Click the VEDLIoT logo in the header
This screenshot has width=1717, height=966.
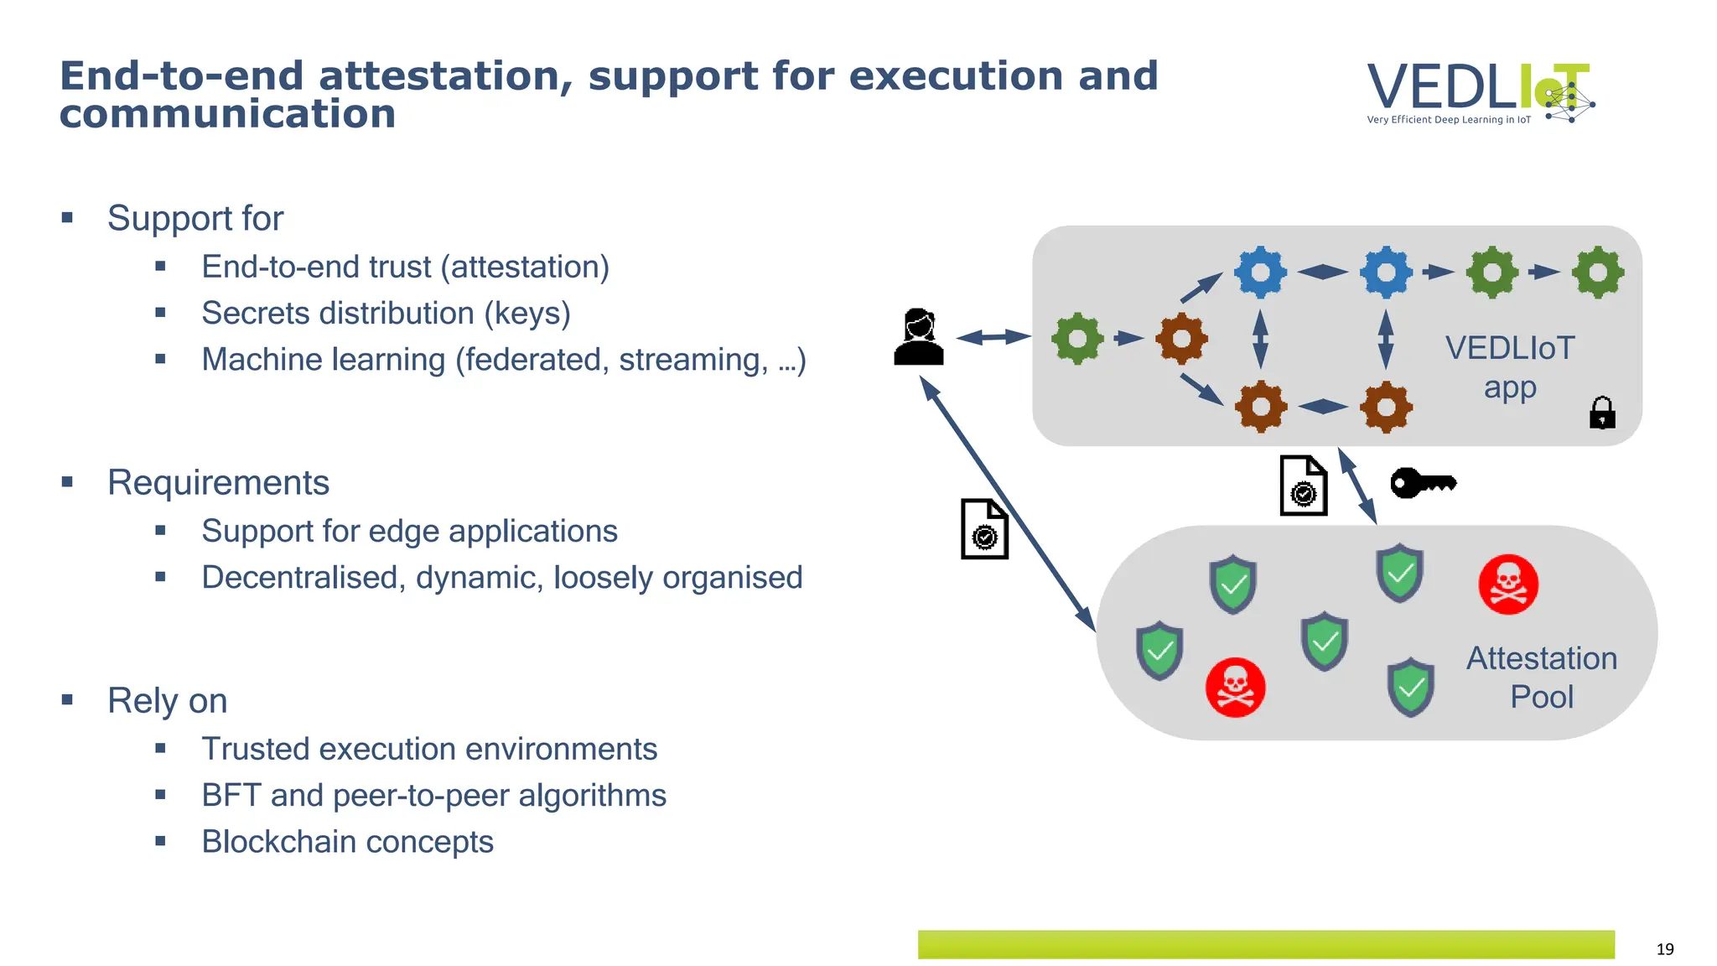click(1480, 92)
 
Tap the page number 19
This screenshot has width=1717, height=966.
click(1664, 948)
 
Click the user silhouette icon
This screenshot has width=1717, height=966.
click(919, 337)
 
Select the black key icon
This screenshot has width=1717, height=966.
click(1423, 483)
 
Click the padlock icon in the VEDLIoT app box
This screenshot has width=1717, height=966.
click(1601, 413)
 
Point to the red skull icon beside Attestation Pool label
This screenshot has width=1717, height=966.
click(1507, 584)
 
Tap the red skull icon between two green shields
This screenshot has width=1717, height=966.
click(1235, 688)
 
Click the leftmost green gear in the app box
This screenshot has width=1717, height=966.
click(1077, 338)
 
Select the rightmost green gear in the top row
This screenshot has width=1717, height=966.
click(1597, 272)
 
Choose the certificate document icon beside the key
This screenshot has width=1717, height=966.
click(1303, 486)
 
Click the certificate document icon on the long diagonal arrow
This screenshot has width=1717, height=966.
click(984, 529)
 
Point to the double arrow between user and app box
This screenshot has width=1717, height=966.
click(993, 337)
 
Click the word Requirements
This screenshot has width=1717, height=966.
click(218, 483)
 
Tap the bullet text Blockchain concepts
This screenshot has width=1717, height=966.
click(347, 841)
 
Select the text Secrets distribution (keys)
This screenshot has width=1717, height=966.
click(386, 313)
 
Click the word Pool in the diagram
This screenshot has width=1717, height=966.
click(1541, 697)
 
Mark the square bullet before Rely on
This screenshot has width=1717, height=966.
click(67, 699)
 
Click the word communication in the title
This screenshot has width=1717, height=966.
click(227, 114)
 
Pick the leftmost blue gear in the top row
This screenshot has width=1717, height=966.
click(1260, 272)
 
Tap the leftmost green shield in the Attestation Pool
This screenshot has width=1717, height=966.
click(1159, 651)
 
